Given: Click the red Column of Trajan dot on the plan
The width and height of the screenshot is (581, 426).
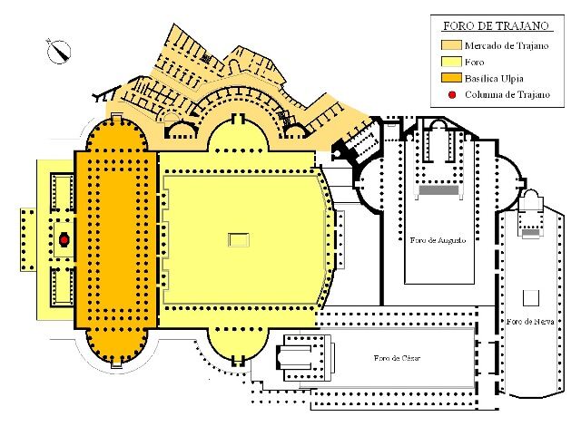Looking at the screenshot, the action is [x=64, y=240].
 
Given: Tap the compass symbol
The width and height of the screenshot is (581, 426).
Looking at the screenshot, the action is [x=58, y=51].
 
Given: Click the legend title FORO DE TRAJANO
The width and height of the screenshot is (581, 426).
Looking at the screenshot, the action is [x=496, y=26].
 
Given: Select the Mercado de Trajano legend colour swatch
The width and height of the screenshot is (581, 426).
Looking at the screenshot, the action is [x=451, y=45].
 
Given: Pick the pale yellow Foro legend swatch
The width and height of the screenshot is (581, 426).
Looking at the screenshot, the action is [x=451, y=62].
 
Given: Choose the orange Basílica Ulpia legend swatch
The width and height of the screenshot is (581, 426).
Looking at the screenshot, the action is [x=451, y=78].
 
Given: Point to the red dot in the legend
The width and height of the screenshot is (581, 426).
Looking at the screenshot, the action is [x=452, y=94].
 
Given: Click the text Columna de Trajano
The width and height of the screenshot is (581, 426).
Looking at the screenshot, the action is [x=507, y=94].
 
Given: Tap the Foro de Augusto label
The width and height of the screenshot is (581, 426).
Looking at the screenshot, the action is [x=438, y=240].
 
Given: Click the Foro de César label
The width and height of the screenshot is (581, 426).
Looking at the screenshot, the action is [x=397, y=358].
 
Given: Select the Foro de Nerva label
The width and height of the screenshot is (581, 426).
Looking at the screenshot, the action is [x=530, y=322].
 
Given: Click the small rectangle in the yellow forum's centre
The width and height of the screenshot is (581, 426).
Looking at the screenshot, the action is [x=238, y=240].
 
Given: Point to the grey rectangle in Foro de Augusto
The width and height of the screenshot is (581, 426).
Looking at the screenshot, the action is [x=438, y=191].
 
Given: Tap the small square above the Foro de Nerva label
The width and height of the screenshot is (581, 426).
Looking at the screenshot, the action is [x=530, y=298].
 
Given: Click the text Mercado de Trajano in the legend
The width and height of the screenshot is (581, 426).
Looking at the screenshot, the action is [x=507, y=45].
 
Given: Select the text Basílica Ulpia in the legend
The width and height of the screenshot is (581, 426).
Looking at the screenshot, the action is [x=494, y=78].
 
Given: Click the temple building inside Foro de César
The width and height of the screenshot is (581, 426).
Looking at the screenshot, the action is [x=305, y=358].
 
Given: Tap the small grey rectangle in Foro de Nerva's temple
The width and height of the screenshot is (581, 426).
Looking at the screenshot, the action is [x=530, y=232].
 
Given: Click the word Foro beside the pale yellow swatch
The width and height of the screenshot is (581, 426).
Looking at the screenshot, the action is [x=474, y=63].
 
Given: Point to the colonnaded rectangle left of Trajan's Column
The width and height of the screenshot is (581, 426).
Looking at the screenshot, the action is [x=28, y=239].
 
